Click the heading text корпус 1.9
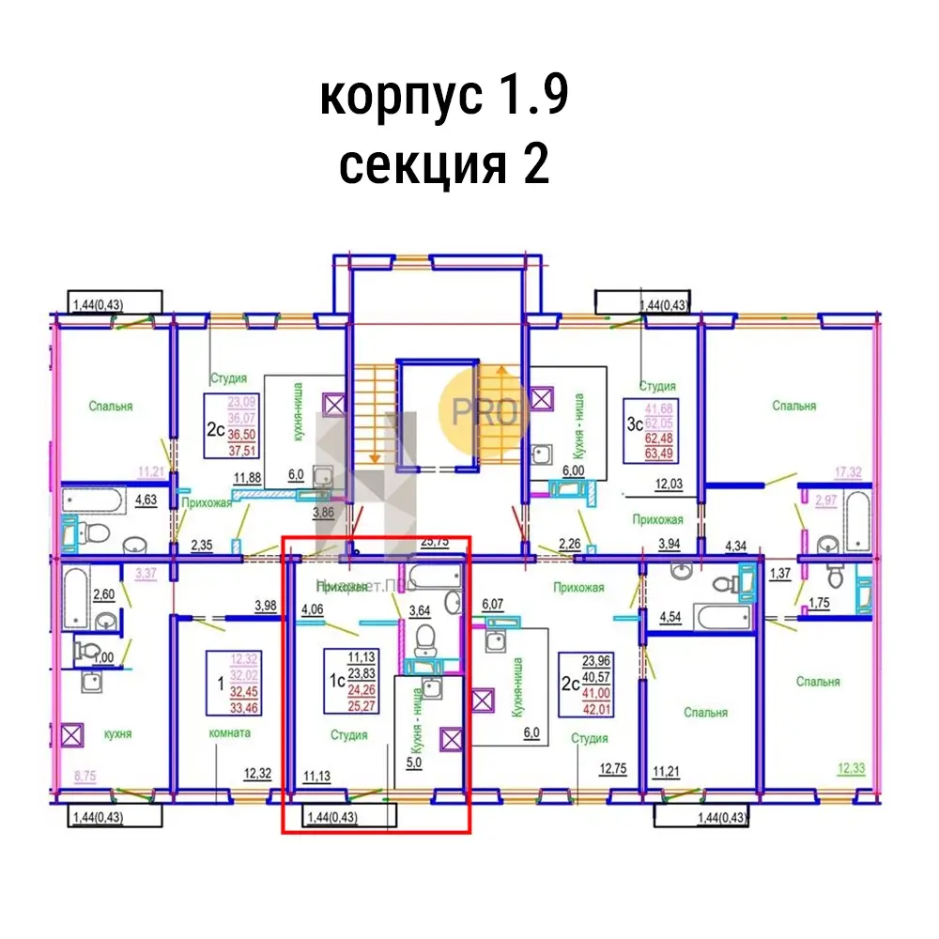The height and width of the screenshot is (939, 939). (x=444, y=97)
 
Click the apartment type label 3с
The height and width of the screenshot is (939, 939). (x=636, y=423)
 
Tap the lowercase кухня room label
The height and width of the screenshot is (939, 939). (x=117, y=733)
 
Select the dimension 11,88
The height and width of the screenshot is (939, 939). (x=249, y=477)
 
